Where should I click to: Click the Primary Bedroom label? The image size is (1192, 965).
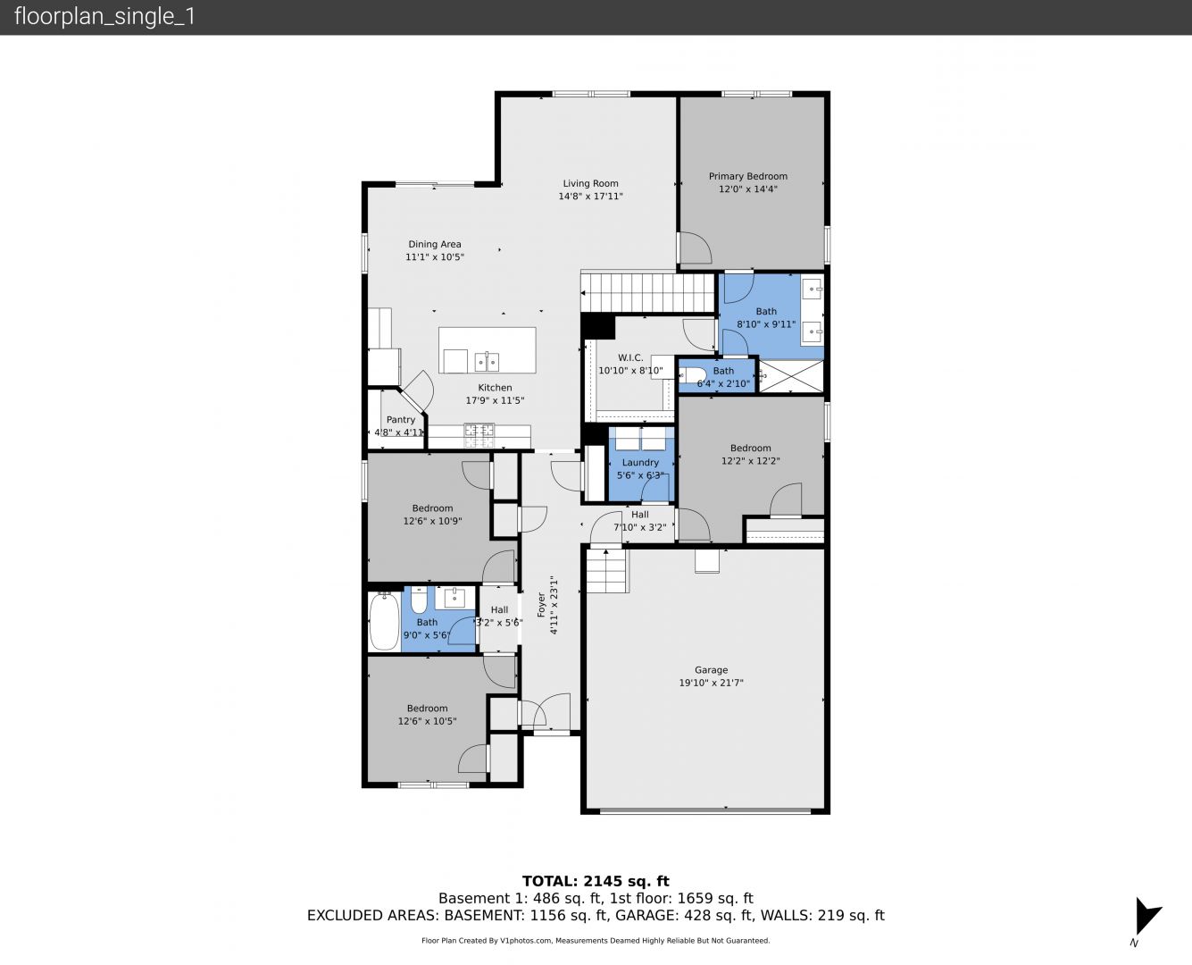tap(747, 176)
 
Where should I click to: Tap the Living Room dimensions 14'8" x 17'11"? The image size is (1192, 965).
tap(590, 196)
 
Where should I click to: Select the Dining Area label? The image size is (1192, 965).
tap(434, 244)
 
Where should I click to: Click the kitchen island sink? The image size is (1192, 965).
tap(487, 362)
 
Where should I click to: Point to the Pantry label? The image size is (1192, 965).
tap(401, 419)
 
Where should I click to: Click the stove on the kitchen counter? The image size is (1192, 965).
tap(479, 436)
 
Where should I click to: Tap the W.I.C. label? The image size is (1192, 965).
tap(630, 357)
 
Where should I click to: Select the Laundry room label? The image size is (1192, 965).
tap(640, 463)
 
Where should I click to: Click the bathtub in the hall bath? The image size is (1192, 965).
tap(384, 621)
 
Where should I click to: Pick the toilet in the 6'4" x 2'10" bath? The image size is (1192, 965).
tap(693, 374)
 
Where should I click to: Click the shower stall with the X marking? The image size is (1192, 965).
tap(791, 376)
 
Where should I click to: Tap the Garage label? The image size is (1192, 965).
tap(711, 670)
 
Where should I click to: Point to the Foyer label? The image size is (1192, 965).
tap(541, 605)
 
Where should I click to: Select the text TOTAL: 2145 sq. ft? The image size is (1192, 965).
tap(596, 881)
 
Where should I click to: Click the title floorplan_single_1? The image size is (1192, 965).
tap(104, 17)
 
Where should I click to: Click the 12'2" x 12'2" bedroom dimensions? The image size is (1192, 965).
tap(750, 461)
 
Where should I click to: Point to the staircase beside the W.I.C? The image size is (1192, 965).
tap(648, 292)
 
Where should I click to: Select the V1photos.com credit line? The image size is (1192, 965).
tap(596, 940)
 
